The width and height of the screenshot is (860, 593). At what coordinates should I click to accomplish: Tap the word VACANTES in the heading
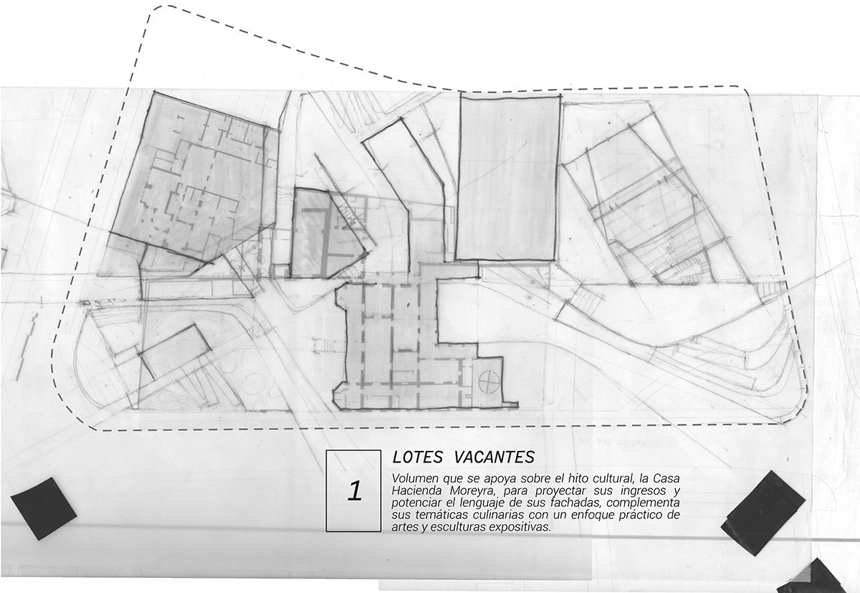(495, 457)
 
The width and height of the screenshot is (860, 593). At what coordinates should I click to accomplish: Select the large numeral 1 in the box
(353, 492)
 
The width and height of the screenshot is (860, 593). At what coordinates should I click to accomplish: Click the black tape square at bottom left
(44, 506)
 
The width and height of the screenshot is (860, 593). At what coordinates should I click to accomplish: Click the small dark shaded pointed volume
(326, 233)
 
